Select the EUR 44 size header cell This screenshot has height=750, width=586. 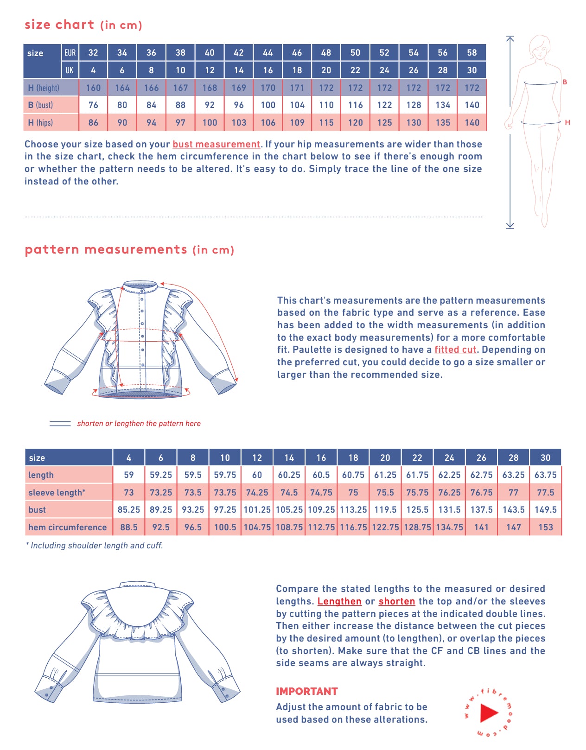click(268, 52)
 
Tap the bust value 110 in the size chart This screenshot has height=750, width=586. click(326, 105)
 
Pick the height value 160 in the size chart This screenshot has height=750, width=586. click(93, 88)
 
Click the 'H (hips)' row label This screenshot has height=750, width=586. click(40, 123)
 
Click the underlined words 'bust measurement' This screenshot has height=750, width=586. click(216, 144)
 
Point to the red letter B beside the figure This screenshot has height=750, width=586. click(565, 82)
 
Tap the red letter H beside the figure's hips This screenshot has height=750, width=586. click(567, 122)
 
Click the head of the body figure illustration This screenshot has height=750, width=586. click(539, 47)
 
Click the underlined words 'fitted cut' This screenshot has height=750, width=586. click(455, 350)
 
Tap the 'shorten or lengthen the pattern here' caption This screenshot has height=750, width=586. click(139, 423)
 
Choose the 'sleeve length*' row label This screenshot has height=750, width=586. click(57, 492)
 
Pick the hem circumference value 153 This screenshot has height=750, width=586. click(545, 527)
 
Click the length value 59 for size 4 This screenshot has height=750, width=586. click(129, 475)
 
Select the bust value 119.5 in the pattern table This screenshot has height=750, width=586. click(385, 509)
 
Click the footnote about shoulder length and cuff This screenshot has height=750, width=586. click(95, 546)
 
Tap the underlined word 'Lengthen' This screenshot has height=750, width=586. click(339, 601)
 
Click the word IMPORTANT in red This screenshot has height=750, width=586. click(307, 691)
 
